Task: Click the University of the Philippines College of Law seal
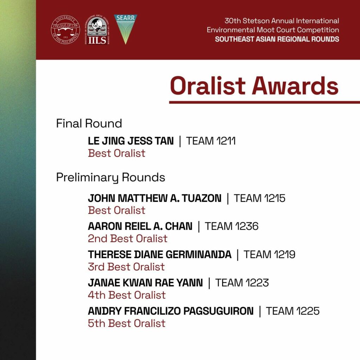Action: point(65,30)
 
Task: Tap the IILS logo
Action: point(97,30)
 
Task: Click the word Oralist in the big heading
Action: point(208,86)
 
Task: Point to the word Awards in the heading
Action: point(295,86)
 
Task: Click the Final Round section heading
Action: point(89,123)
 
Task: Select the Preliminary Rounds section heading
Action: point(110,178)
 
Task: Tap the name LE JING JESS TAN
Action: point(131,141)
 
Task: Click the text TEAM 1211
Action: point(211,141)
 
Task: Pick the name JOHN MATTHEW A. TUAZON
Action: point(155,198)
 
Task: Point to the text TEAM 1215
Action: point(259,198)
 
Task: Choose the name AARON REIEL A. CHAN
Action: point(140,226)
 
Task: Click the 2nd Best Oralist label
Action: point(127,239)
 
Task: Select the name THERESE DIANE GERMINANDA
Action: point(160,255)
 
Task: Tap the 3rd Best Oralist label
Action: point(126,267)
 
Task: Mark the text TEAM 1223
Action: point(242,283)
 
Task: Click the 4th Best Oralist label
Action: point(127,295)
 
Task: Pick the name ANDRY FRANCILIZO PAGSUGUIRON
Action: point(171,311)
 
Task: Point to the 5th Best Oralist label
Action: point(127,323)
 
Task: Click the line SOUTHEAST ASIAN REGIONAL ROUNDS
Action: point(277,39)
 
